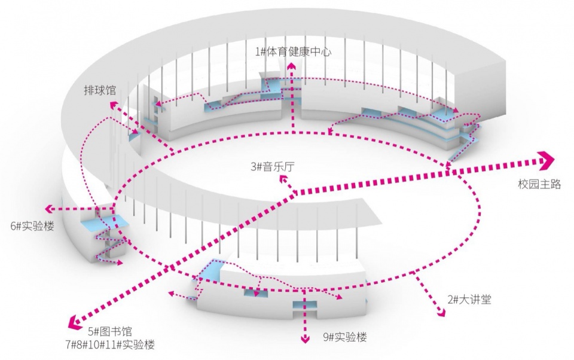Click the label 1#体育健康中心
[x=293, y=51]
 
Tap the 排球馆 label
[x=100, y=90]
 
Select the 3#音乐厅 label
[x=273, y=167]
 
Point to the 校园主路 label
[x=539, y=184]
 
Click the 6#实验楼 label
[x=32, y=226]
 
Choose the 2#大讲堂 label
[x=469, y=300]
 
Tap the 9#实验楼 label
[x=345, y=337]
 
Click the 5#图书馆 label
[x=110, y=332]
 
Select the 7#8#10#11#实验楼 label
[x=110, y=344]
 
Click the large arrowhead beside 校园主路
[x=547, y=160]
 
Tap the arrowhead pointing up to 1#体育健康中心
[x=292, y=66]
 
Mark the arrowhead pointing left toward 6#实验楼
[x=48, y=209]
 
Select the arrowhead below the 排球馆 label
[x=113, y=105]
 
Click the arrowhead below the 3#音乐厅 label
[x=283, y=179]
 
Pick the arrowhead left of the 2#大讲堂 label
[x=442, y=313]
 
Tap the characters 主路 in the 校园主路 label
[x=550, y=184]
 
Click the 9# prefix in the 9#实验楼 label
[x=328, y=337]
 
